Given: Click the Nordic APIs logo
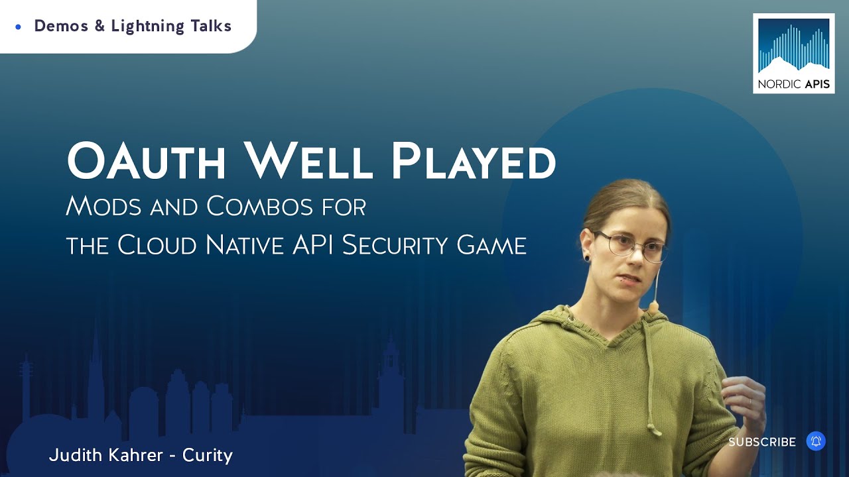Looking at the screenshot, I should coord(793,53).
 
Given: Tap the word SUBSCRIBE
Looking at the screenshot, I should coord(762,442).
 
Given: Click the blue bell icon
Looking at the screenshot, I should coord(816,441).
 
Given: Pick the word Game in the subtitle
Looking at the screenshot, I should coord(491,245).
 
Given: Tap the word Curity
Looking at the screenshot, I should coord(208,456).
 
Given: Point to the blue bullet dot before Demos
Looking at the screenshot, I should coord(18,26).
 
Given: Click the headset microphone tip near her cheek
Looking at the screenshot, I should coord(653,307).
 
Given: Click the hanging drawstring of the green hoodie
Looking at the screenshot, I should coord(653,384).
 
